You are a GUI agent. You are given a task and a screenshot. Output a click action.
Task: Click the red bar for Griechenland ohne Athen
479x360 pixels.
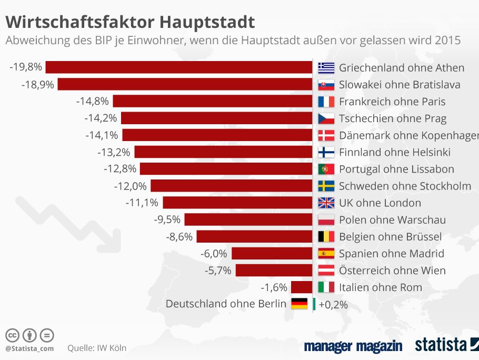[x=179, y=67]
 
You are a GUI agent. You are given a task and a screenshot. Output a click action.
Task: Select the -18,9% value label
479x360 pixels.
[x=38, y=84]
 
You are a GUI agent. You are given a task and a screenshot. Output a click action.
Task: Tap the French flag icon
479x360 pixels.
[x=326, y=102]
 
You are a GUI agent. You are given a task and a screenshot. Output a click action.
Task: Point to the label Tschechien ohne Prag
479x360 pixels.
[x=393, y=118]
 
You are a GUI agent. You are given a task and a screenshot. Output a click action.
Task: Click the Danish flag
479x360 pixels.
[x=326, y=135]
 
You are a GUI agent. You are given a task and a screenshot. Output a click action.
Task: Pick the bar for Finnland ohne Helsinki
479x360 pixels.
[x=223, y=152]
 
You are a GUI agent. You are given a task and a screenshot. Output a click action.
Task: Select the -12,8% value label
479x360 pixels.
[x=120, y=169]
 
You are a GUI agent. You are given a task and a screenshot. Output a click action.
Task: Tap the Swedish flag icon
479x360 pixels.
[x=326, y=186]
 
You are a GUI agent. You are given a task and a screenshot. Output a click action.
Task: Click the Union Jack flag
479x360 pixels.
[x=326, y=203]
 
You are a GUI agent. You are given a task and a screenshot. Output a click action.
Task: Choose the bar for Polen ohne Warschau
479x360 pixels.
[x=248, y=219]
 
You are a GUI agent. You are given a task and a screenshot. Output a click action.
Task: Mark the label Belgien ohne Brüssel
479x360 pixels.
[x=390, y=236]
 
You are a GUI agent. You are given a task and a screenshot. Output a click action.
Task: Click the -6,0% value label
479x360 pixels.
[x=214, y=253]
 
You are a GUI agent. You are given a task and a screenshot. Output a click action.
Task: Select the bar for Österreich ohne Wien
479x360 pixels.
[x=274, y=270]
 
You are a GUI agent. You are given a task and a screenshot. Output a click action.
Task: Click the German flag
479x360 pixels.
[x=300, y=304]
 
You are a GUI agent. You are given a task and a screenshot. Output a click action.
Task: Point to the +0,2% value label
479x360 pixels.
[x=333, y=304]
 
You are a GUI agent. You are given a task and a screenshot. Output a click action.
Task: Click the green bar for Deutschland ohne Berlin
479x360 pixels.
[x=314, y=304]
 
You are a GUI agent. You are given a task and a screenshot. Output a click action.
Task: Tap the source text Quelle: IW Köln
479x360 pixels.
[x=97, y=348]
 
